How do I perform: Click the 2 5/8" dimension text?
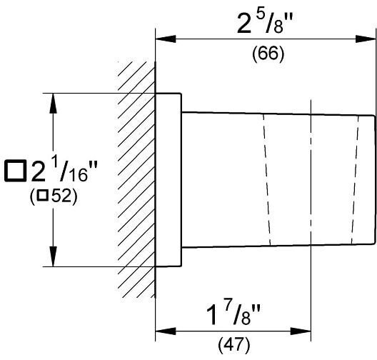point(265,23)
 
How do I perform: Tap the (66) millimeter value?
point(268,54)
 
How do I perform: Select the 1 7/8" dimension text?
point(233,314)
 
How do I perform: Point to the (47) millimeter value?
point(234,345)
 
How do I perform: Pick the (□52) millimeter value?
point(54,196)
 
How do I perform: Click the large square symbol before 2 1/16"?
point(16,171)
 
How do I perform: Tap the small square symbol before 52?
point(43,195)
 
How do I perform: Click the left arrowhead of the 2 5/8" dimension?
point(166,39)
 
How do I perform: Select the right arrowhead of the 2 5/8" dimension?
point(366,39)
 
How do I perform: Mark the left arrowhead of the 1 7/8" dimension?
point(166,331)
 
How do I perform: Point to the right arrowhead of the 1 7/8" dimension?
point(301,331)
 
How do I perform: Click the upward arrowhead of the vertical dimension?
point(53,103)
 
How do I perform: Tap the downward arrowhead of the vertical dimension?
point(53,256)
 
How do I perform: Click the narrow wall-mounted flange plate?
point(169,179)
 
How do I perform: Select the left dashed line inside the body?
point(266,180)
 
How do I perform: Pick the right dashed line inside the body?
point(355,181)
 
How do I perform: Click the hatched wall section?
point(136,179)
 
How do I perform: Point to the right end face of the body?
point(374,180)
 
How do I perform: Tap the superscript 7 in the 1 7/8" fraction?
point(228,307)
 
